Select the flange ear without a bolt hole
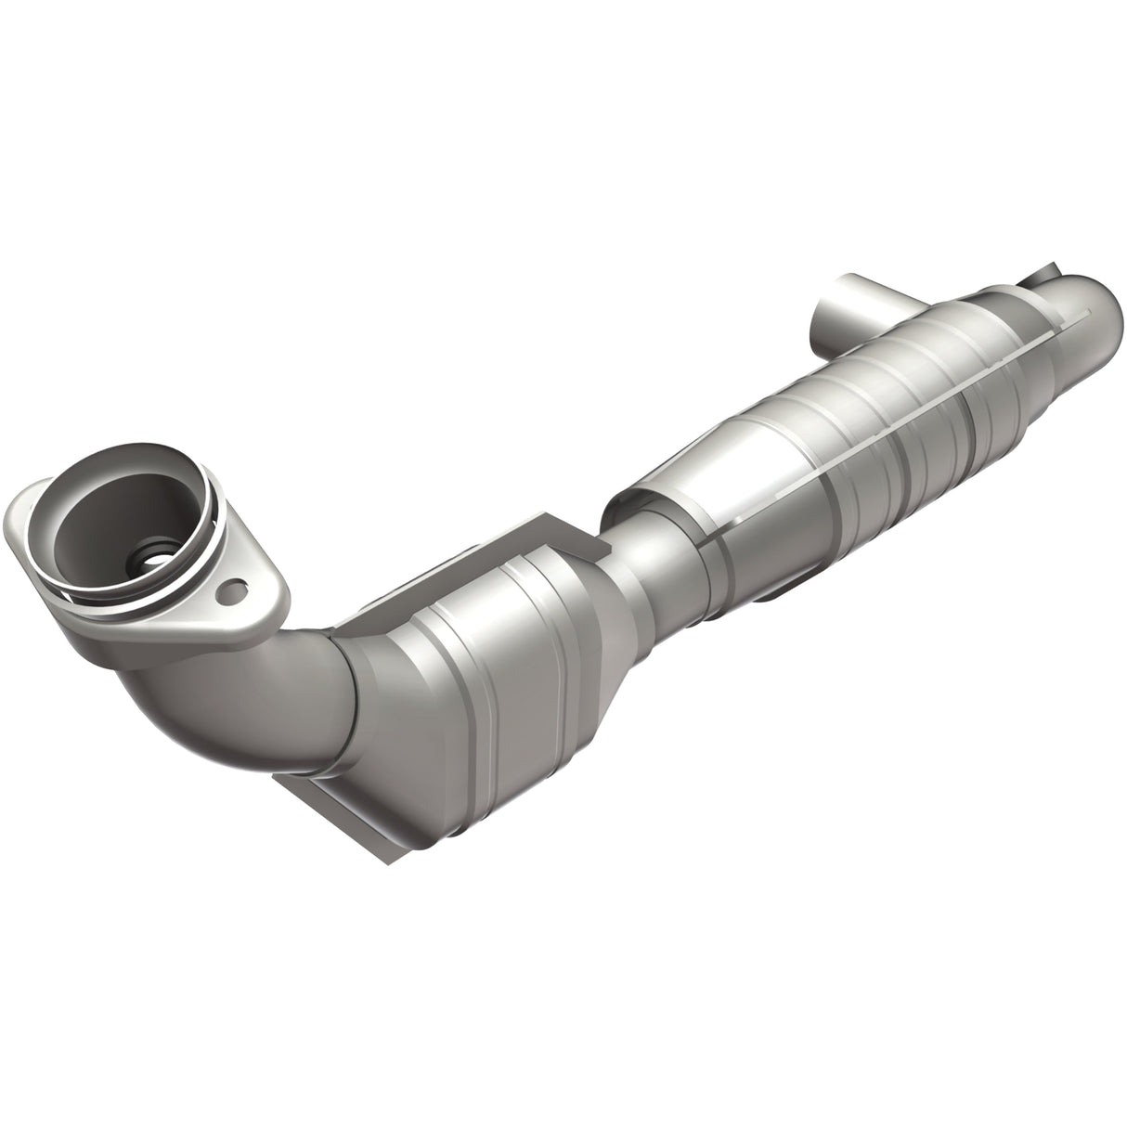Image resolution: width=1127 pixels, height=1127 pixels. point(20,508)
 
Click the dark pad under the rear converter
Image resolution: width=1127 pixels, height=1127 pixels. point(789,589)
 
